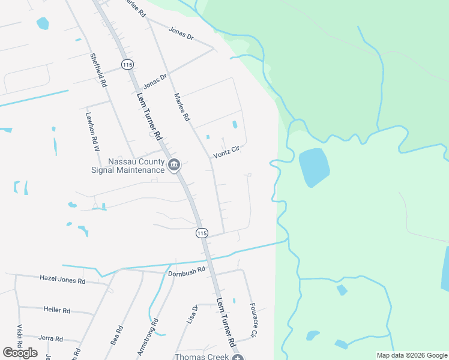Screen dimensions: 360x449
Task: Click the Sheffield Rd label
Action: (x=98, y=71)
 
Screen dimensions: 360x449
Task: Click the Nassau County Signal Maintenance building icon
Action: (x=174, y=164)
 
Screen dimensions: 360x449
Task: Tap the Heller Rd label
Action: (x=56, y=310)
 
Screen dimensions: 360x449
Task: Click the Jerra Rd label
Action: (x=50, y=338)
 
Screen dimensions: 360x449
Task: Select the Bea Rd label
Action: (x=117, y=335)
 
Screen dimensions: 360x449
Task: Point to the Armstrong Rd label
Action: (x=147, y=338)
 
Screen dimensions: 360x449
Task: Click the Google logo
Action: (x=20, y=353)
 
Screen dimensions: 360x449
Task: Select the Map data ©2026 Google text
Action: (x=412, y=355)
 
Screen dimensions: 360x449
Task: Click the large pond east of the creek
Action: (x=314, y=167)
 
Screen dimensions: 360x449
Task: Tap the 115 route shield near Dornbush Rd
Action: (x=202, y=233)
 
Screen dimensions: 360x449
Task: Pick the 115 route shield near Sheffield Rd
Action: (x=126, y=64)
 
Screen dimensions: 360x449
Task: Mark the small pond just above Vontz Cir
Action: (x=235, y=125)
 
